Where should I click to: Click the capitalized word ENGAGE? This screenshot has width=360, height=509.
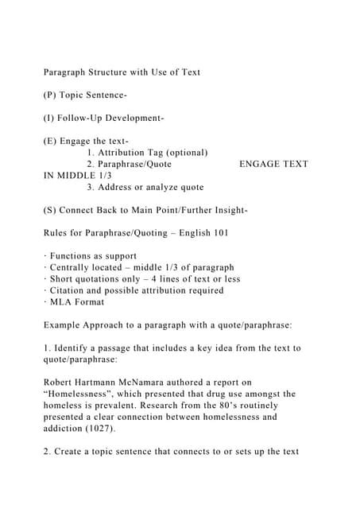pos(259,164)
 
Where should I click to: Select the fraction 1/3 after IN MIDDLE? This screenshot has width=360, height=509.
pos(103,176)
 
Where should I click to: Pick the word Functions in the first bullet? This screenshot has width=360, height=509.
pos(74,256)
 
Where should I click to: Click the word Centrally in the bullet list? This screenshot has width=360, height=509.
pos(73,268)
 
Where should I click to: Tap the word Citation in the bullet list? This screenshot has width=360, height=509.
pos(71,291)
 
